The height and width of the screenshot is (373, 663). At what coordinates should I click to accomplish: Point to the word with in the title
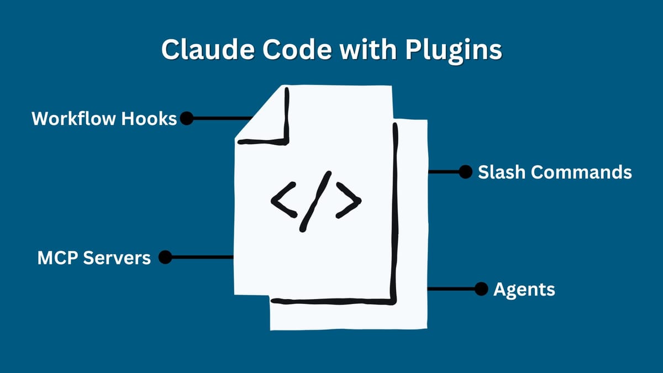364,50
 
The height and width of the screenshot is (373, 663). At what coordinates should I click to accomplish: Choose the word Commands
582,172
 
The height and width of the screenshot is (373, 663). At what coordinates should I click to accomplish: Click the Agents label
524,289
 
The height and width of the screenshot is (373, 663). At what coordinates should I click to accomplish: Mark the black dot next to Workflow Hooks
187,118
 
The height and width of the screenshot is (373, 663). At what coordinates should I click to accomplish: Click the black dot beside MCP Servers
165,257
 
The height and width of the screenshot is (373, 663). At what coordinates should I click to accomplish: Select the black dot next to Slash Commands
465,172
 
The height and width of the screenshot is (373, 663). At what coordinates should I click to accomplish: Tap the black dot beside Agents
481,288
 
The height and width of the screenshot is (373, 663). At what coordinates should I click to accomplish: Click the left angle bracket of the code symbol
282,199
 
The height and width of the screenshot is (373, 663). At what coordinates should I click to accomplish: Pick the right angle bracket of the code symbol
349,201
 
